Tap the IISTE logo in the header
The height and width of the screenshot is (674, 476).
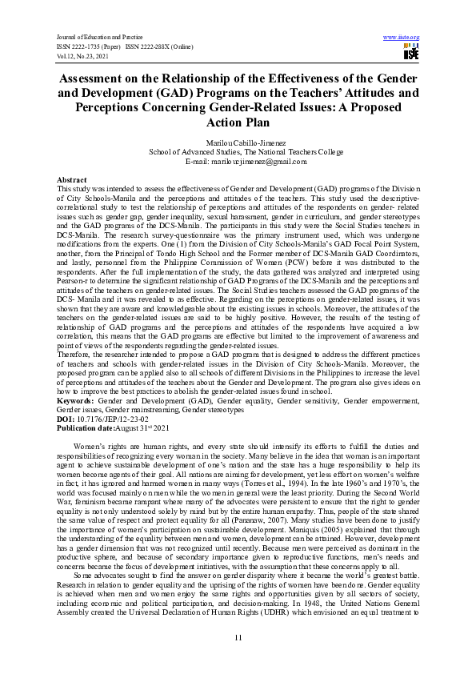pyautogui.click(x=411, y=53)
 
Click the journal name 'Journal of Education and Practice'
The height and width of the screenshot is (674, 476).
pyautogui.click(x=93, y=38)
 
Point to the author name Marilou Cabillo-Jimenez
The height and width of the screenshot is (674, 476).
pyautogui.click(x=238, y=142)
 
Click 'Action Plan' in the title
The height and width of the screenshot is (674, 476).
pyautogui.click(x=238, y=122)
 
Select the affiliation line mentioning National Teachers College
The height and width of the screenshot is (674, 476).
pyautogui.click(x=238, y=151)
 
